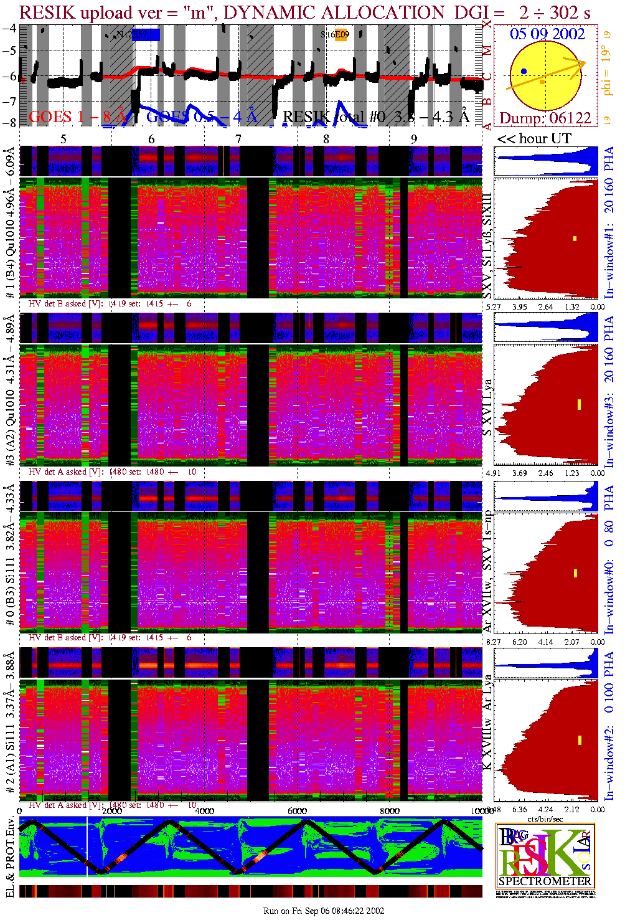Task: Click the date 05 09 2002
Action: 547,34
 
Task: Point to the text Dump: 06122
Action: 545,118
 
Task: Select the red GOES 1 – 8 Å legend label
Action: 78,116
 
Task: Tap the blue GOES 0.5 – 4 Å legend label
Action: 201,116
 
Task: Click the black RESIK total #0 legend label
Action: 375,116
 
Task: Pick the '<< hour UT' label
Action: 533,138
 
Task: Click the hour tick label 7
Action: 238,139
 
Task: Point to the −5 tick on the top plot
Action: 10,50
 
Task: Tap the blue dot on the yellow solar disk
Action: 524,72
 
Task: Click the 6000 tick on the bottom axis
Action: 297,810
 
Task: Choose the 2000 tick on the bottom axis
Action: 112,810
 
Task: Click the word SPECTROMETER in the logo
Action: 545,881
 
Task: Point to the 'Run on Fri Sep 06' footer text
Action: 323,911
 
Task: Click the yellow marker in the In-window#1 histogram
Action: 575,239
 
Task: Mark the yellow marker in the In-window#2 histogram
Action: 580,740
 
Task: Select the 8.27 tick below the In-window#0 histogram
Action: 493,642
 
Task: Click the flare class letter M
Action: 488,50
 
